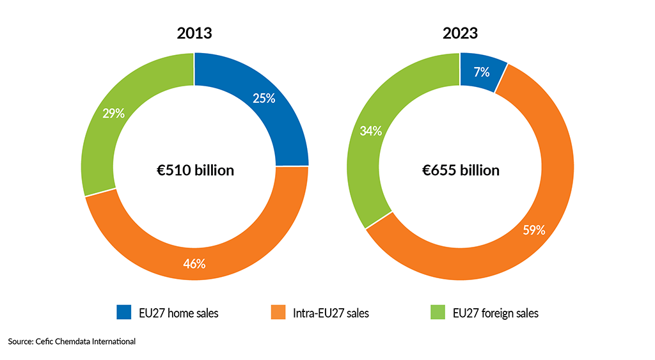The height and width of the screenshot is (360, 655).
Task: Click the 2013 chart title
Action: click(194, 34)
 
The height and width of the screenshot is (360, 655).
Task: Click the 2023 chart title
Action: click(460, 34)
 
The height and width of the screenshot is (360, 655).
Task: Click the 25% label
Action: click(264, 98)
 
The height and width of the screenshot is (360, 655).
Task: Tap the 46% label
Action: click(194, 263)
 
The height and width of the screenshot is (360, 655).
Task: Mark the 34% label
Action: click(371, 131)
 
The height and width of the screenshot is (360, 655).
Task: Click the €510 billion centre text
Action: click(195, 171)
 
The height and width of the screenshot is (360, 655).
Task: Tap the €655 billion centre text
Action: click(461, 171)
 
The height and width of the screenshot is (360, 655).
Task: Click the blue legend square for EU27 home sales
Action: click(123, 313)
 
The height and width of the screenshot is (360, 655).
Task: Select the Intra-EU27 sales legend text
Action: click(330, 313)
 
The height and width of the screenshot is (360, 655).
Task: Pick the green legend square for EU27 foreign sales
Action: click(436, 313)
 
